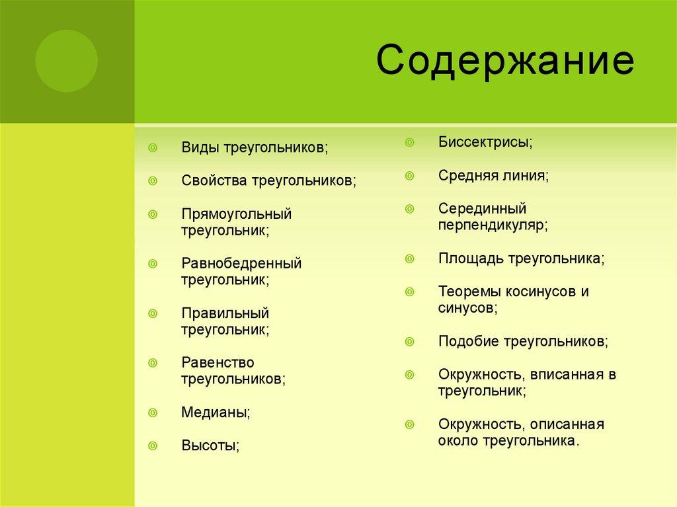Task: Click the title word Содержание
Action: point(505,62)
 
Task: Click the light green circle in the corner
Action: point(66,61)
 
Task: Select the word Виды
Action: point(200,147)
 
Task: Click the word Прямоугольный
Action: point(236,214)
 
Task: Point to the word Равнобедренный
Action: point(241,263)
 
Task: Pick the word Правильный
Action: point(225,313)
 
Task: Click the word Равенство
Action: point(218,362)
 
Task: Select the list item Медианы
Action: point(215,412)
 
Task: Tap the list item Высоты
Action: point(210,446)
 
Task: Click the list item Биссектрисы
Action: point(485,142)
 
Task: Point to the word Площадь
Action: point(470,258)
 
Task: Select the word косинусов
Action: point(536,292)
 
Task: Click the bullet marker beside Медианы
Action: point(153,412)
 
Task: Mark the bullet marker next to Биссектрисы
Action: point(409,142)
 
